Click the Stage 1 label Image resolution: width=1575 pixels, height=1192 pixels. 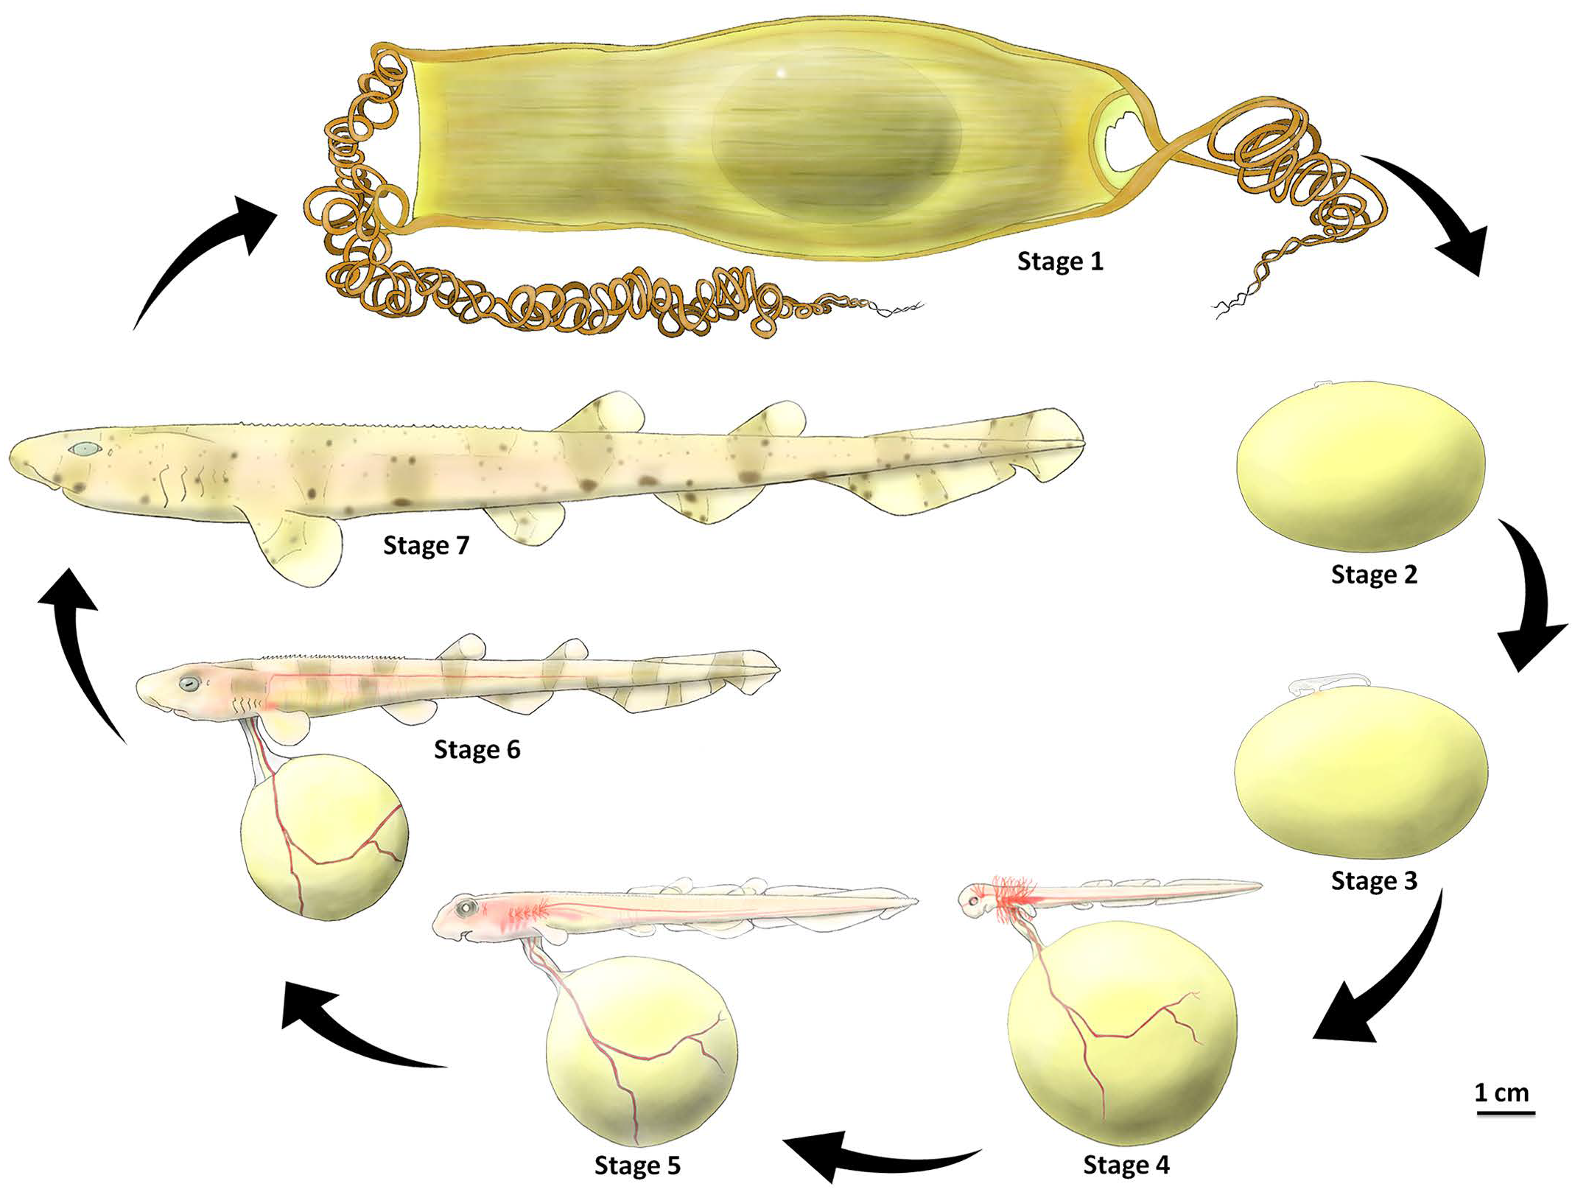pyautogui.click(x=1059, y=262)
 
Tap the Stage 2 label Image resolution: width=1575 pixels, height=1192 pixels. pyautogui.click(x=1373, y=575)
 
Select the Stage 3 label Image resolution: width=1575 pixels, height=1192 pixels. pyautogui.click(x=1373, y=881)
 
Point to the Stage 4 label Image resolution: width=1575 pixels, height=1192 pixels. pyautogui.click(x=1126, y=1165)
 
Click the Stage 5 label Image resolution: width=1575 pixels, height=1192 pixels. pyautogui.click(x=637, y=1165)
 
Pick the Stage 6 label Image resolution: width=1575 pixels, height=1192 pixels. pyautogui.click(x=477, y=750)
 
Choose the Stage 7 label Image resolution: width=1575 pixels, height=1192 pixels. pyautogui.click(x=426, y=546)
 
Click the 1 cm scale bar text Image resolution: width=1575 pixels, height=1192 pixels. pyautogui.click(x=1501, y=1092)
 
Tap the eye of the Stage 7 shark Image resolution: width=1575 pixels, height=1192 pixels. pyautogui.click(x=85, y=449)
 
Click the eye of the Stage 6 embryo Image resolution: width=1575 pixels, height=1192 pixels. pyautogui.click(x=190, y=684)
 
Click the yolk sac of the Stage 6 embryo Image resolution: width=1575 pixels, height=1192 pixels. pyautogui.click(x=324, y=836)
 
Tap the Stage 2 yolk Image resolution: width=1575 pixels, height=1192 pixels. pyautogui.click(x=1360, y=466)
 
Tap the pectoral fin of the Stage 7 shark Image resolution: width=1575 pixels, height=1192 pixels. pyautogui.click(x=298, y=545)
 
